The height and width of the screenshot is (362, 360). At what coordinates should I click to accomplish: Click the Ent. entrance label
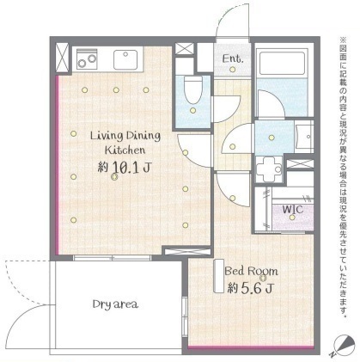(233, 58)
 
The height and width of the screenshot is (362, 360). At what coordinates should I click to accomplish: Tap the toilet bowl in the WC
(193, 89)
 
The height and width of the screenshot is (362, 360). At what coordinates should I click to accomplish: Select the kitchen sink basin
(125, 59)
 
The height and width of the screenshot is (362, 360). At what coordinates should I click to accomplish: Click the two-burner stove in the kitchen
(87, 59)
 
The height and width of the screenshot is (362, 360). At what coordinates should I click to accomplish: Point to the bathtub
(282, 64)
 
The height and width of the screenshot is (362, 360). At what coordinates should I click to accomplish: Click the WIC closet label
(292, 209)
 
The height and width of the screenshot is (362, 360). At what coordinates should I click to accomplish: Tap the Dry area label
(115, 304)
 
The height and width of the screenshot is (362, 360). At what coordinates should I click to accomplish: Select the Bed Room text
(251, 271)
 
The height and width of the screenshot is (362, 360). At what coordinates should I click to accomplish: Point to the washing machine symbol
(269, 169)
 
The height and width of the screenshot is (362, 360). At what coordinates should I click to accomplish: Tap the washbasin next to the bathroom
(304, 137)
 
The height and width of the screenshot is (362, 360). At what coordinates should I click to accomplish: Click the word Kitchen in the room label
(125, 150)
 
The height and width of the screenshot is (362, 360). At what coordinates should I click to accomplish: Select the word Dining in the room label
(143, 136)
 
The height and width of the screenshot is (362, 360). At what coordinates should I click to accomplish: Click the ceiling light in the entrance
(233, 70)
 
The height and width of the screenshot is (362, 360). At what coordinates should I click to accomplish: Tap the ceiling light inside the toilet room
(193, 110)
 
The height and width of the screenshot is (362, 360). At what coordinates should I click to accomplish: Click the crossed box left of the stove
(62, 58)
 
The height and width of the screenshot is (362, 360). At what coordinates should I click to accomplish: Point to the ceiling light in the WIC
(292, 218)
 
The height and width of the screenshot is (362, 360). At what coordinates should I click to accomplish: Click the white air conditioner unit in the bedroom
(219, 276)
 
